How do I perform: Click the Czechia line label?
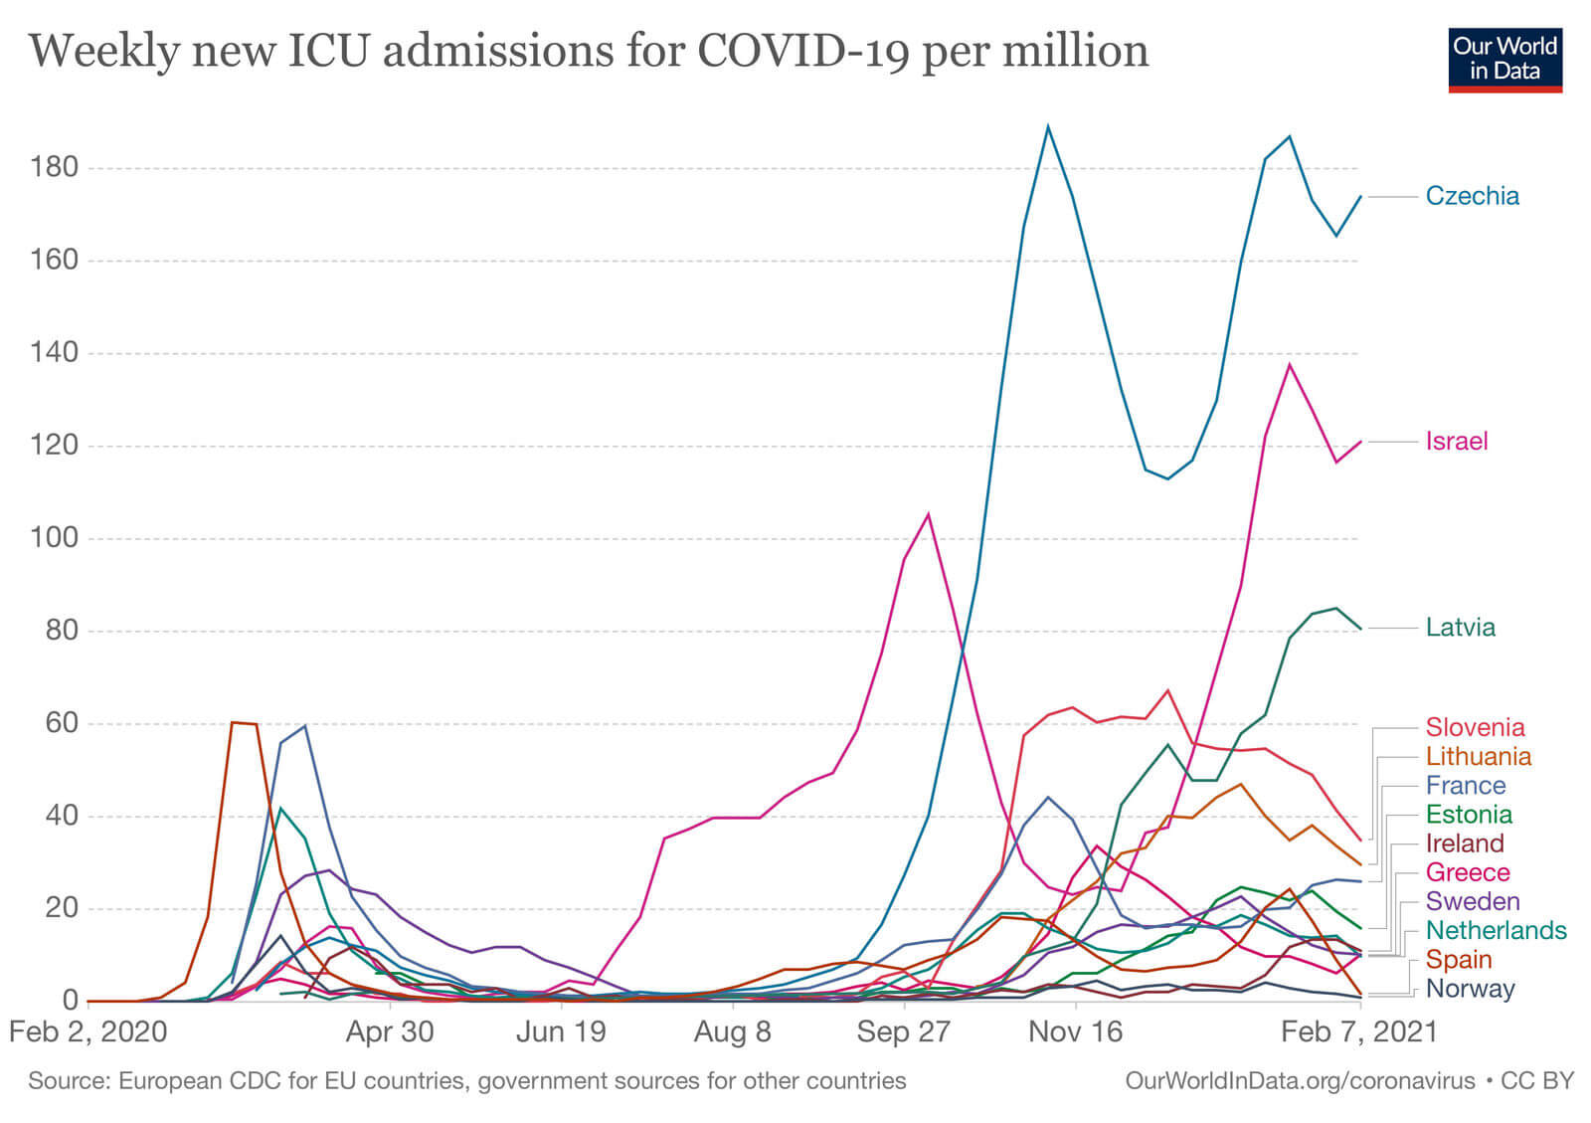(x=1472, y=196)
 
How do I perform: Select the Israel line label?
(x=1456, y=442)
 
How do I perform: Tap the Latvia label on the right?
(x=1460, y=628)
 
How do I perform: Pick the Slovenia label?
(x=1475, y=727)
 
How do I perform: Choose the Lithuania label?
(x=1478, y=757)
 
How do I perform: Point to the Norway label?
(x=1470, y=989)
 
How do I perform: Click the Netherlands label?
(x=1496, y=931)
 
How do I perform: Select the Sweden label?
(x=1472, y=902)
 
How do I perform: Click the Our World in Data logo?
(x=1504, y=60)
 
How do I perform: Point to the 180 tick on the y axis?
(x=54, y=167)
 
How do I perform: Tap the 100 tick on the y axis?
(x=54, y=538)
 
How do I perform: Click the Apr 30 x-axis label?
(x=390, y=1031)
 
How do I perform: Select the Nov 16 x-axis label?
(x=1075, y=1031)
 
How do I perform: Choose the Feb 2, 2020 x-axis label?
(x=88, y=1031)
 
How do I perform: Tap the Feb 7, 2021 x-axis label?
(x=1358, y=1031)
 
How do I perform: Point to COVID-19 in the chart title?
(x=802, y=51)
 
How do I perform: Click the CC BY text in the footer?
(x=1537, y=1081)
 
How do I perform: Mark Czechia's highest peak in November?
(x=1048, y=126)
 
